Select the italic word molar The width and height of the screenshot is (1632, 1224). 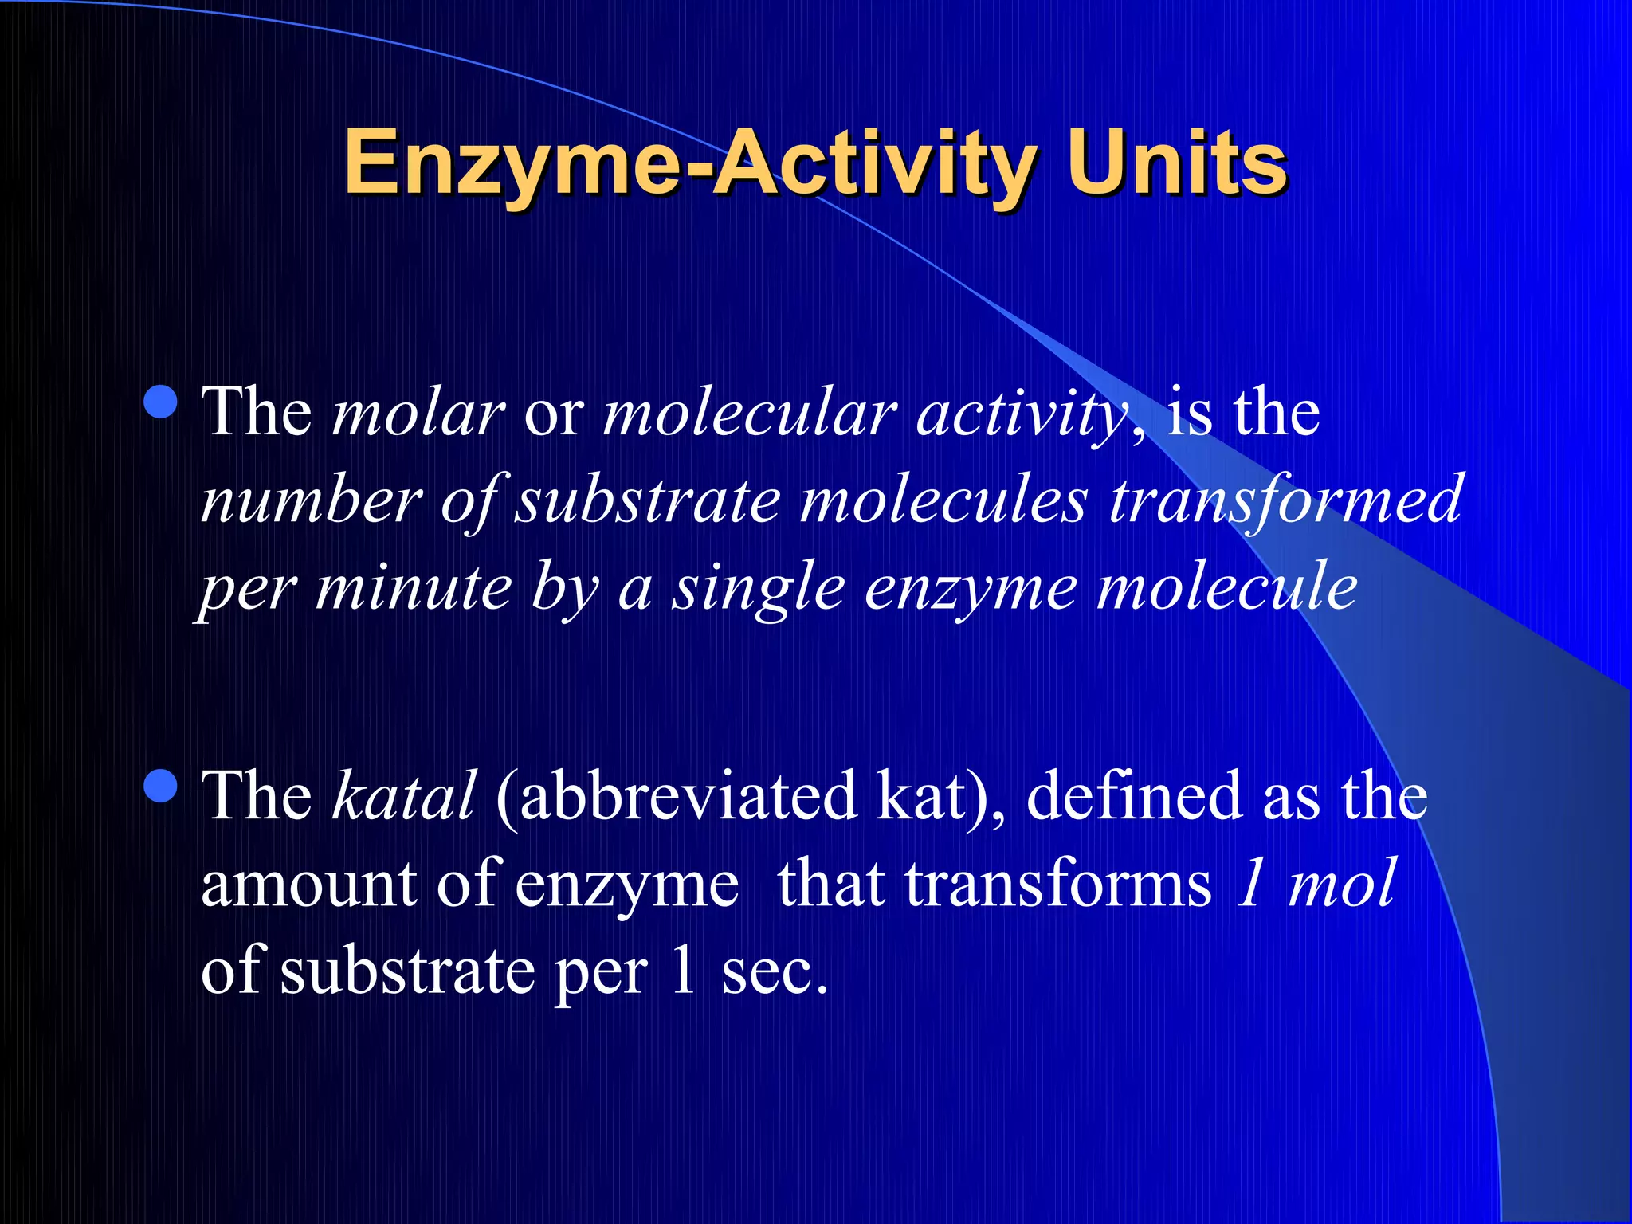[x=418, y=414]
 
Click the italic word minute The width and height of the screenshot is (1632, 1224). [x=414, y=587]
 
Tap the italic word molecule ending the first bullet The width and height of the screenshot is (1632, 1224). [x=1227, y=587]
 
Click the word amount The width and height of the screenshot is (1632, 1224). [x=309, y=885]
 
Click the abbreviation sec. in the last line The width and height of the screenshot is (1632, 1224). [x=774, y=972]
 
